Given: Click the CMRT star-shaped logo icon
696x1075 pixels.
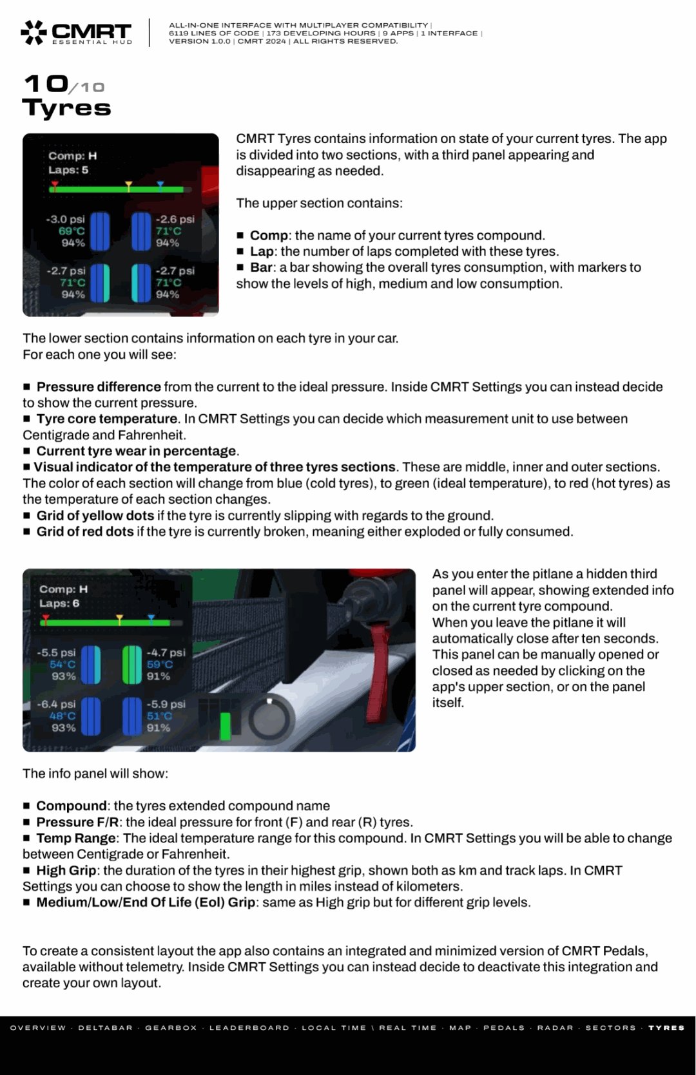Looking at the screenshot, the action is click(34, 32).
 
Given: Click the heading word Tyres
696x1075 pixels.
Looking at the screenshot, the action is click(67, 108).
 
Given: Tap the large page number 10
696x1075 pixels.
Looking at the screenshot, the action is click(46, 84).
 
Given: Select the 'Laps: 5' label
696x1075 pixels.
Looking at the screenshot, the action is click(68, 170).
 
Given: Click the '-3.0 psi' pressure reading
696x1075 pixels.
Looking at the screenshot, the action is click(65, 220).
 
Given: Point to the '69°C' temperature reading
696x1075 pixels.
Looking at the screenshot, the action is click(72, 231).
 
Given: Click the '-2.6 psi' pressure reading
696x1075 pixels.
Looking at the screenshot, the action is click(175, 220).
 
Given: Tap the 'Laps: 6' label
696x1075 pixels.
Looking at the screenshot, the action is click(59, 604).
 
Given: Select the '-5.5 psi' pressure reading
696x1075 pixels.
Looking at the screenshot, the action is click(56, 652).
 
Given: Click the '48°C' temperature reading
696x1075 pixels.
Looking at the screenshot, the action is click(63, 716).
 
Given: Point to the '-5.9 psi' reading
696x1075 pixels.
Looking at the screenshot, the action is click(166, 704).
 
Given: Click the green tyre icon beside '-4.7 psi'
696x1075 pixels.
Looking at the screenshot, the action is click(131, 665).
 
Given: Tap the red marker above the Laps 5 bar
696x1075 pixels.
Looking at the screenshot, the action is click(55, 185).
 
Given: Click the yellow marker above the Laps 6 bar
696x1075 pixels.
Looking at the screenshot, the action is click(120, 618).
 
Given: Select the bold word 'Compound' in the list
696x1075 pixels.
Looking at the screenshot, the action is click(72, 806).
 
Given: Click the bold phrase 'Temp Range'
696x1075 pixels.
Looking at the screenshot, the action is click(76, 839).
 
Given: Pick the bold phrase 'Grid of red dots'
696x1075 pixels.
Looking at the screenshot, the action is click(85, 532).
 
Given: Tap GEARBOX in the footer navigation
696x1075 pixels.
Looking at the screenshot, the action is click(171, 1028).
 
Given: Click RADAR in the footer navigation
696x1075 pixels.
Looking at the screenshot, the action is click(556, 1028).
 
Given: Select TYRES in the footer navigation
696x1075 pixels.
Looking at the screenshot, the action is click(666, 1028).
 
